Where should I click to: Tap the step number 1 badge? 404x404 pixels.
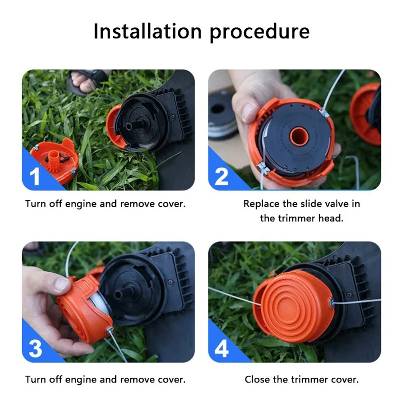click(x=35, y=177)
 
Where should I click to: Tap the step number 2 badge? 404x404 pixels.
click(x=222, y=177)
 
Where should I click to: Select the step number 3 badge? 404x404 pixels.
click(x=35, y=349)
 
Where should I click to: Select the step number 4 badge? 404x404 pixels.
click(x=222, y=349)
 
